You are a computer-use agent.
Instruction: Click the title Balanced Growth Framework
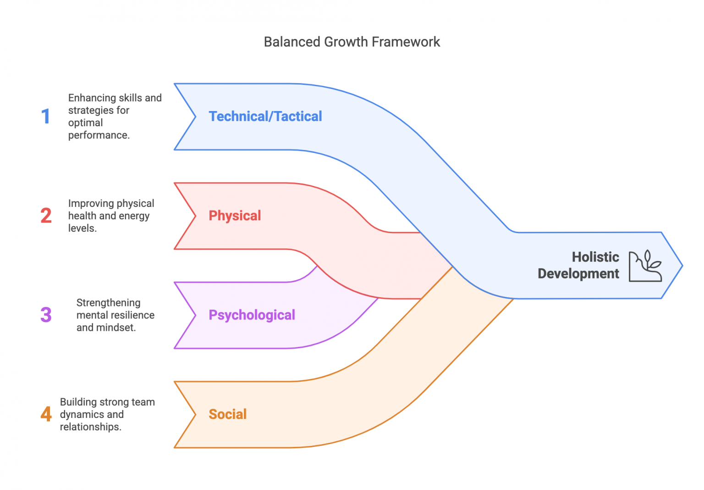pyautogui.click(x=352, y=42)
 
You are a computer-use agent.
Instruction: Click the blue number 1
pyautogui.click(x=45, y=116)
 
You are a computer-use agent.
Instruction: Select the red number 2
pyautogui.click(x=46, y=216)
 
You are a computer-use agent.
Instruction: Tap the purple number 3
pyautogui.click(x=46, y=315)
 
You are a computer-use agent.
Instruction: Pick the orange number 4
pyautogui.click(x=46, y=414)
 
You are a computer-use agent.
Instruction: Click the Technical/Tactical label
pyautogui.click(x=265, y=116)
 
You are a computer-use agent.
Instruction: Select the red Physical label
pyautogui.click(x=235, y=216)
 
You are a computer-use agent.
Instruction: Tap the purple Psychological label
pyautogui.click(x=252, y=315)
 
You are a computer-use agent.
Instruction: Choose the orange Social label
pyautogui.click(x=227, y=414)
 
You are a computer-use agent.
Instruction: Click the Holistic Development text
pyautogui.click(x=578, y=265)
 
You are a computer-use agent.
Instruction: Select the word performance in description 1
pyautogui.click(x=98, y=135)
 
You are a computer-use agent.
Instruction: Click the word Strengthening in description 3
pyautogui.click(x=108, y=303)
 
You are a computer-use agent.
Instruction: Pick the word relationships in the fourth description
pyautogui.click(x=90, y=427)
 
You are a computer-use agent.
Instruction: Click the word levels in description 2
pyautogui.click(x=82, y=228)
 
